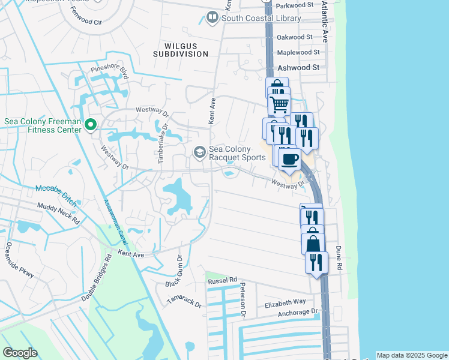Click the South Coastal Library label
tap(261, 18)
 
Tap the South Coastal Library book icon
tap(212, 18)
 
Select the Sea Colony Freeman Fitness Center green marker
tap(91, 125)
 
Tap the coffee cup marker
tap(289, 160)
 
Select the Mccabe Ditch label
tap(57, 188)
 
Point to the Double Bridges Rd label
tap(97, 278)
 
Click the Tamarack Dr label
tap(184, 301)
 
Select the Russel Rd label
tap(222, 281)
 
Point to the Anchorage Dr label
tap(298, 313)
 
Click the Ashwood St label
tap(298, 68)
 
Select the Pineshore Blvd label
tap(110, 72)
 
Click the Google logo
tap(20, 353)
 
